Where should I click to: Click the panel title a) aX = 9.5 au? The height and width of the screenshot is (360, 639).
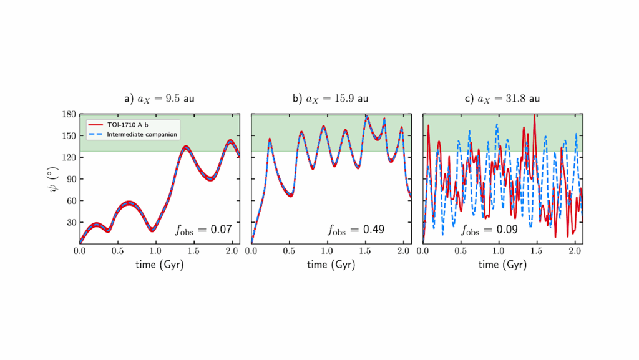point(159,99)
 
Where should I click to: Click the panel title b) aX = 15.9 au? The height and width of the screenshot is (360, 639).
point(331,99)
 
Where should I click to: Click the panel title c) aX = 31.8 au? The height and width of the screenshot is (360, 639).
point(502,99)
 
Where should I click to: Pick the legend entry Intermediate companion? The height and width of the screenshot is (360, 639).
point(142,134)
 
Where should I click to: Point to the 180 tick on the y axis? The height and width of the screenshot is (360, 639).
point(69,114)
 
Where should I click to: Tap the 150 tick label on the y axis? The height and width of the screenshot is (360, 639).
point(69,136)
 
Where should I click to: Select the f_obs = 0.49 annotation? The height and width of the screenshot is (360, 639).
point(356,230)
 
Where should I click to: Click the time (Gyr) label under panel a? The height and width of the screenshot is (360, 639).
point(159,265)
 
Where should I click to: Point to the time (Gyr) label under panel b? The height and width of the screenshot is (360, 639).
point(331,265)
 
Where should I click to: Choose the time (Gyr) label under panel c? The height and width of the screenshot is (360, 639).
point(502,265)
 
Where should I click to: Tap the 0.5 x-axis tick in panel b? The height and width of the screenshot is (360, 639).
point(290,250)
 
